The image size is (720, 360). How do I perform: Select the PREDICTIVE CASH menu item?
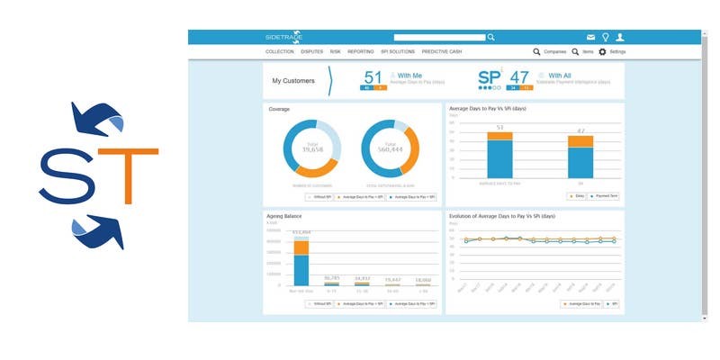pos(441,52)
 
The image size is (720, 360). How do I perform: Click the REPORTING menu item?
pos(360,52)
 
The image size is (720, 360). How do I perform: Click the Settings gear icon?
pos(602,52)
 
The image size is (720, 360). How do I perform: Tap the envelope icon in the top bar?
pos(591,37)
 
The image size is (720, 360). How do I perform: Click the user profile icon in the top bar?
pos(619,37)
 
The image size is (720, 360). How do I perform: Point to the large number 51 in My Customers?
pos(373,77)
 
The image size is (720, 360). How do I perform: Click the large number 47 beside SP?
pos(518,77)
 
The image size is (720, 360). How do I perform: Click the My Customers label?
pos(293,81)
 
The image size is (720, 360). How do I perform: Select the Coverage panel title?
pos(279,109)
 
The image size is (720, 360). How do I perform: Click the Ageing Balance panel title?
pos(286,217)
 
